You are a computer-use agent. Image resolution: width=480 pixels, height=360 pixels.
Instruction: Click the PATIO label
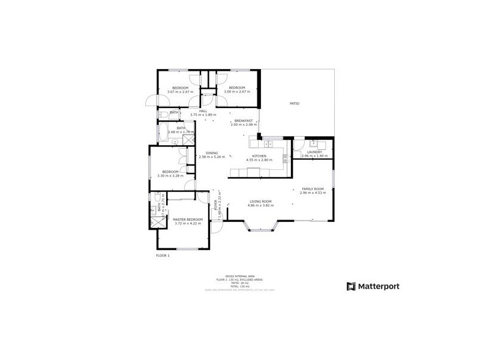[295, 104]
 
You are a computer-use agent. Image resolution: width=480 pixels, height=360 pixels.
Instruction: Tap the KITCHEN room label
[259, 156]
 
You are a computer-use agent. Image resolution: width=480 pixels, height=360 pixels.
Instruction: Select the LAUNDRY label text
[315, 152]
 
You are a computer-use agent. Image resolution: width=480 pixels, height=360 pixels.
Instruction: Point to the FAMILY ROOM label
[313, 189]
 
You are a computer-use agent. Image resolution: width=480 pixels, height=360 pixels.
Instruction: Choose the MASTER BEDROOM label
[188, 220]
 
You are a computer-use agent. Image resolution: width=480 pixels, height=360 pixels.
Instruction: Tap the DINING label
[212, 152]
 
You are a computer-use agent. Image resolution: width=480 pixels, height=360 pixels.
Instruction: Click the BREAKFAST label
[243, 121]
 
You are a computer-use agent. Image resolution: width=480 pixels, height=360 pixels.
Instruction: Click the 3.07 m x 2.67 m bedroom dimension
[180, 92]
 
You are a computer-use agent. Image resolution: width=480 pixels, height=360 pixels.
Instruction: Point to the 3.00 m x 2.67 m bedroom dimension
[236, 92]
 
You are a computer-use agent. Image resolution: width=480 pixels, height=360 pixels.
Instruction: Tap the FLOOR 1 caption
[163, 256]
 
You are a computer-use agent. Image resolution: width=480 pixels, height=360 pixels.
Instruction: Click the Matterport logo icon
[352, 286]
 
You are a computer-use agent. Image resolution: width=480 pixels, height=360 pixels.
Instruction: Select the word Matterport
[379, 286]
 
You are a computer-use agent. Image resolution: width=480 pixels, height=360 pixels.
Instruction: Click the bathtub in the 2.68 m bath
[163, 131]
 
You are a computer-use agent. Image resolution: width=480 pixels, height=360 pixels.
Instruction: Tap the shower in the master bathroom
[157, 221]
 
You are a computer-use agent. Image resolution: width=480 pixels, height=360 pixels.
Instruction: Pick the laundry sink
[314, 143]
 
